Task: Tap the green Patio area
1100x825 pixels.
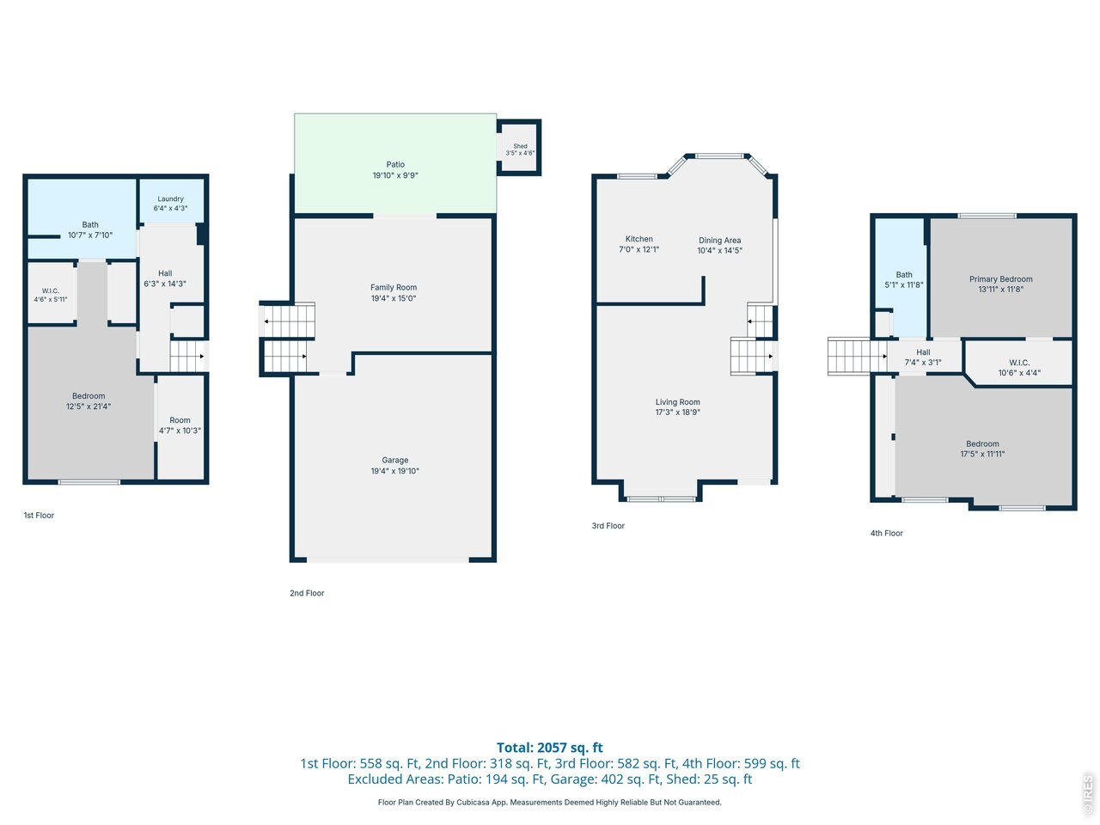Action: [x=395, y=163]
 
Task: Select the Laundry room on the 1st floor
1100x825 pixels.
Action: [x=171, y=201]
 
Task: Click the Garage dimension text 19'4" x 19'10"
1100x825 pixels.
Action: [x=395, y=471]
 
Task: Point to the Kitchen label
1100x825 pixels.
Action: [x=639, y=239]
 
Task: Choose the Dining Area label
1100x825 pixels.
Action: [x=719, y=241]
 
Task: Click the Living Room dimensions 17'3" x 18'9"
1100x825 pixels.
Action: [x=677, y=412]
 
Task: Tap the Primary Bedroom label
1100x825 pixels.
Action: [x=1001, y=279]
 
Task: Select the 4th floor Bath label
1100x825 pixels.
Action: [x=904, y=274]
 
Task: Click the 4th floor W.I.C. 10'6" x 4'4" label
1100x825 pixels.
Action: [x=1019, y=368]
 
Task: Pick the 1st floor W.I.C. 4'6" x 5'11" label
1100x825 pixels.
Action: [x=51, y=295]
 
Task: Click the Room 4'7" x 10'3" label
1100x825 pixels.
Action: [x=180, y=425]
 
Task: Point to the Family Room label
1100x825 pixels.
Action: [x=394, y=288]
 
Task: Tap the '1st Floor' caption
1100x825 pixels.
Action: [x=39, y=516]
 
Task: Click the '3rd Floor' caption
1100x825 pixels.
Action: [x=608, y=526]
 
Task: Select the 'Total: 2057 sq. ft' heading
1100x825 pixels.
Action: [x=550, y=748]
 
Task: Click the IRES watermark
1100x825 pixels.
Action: [x=1087, y=794]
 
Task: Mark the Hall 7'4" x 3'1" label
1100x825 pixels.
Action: [x=923, y=357]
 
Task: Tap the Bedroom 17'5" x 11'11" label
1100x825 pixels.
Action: [x=982, y=449]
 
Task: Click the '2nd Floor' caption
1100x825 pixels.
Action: [x=307, y=593]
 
